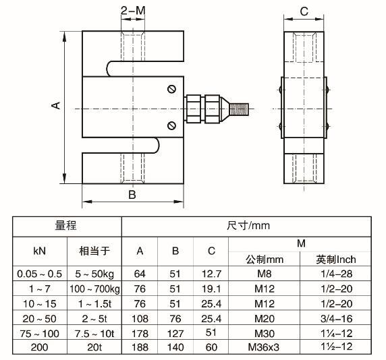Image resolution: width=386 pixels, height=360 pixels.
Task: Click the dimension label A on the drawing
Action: (x=56, y=105)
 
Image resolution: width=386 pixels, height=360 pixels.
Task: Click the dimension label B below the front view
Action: (x=132, y=195)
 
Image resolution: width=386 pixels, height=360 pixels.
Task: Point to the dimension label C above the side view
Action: (x=304, y=11)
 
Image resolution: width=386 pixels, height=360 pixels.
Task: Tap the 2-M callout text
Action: (x=133, y=11)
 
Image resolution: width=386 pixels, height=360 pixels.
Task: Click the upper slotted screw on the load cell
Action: (x=171, y=89)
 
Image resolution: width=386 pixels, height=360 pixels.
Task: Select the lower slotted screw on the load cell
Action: (x=171, y=125)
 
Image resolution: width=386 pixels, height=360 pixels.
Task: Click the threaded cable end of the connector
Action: (x=239, y=109)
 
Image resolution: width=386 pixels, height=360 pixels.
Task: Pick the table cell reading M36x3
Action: (x=264, y=347)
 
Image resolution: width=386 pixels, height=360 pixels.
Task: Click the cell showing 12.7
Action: (x=211, y=274)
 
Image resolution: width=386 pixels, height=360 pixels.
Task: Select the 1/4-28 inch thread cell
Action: (x=337, y=274)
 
